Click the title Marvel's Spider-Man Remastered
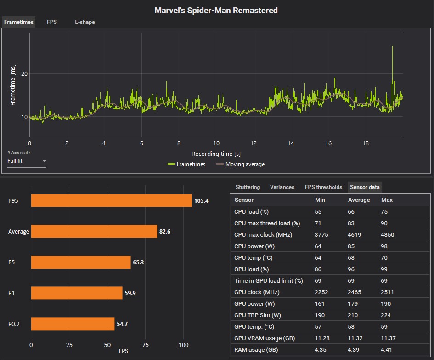click(216, 10)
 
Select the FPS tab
click(52, 22)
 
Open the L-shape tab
click(85, 22)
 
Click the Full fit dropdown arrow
click(45, 161)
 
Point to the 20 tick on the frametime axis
click(24, 74)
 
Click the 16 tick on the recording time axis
click(328, 143)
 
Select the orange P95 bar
click(111, 201)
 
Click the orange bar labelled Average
click(94, 232)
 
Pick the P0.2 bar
click(73, 324)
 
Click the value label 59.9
click(130, 293)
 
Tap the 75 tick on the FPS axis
click(146, 345)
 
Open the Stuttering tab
click(248, 187)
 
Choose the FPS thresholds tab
click(323, 187)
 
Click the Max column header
click(387, 200)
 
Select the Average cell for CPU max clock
click(355, 235)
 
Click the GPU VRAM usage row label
click(265, 338)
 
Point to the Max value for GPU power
click(386, 304)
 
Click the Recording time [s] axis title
click(216, 154)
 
